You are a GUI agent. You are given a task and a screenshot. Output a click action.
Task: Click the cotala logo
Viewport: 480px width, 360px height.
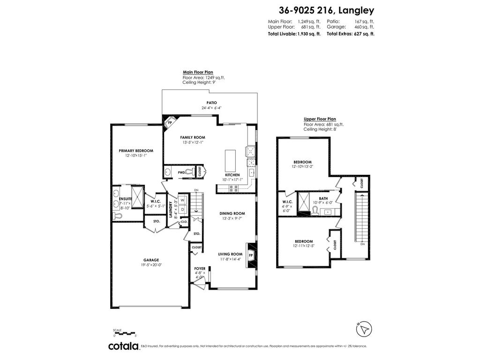tap(124, 346)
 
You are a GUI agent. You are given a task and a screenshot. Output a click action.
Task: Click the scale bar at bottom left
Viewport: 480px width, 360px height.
tap(124, 331)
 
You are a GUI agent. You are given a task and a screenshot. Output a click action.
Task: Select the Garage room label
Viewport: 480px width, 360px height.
tap(151, 260)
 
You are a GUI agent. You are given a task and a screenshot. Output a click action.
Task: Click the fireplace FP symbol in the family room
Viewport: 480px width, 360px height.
tap(170, 121)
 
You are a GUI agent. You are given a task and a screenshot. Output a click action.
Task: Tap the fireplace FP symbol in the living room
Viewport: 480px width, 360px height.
tap(251, 255)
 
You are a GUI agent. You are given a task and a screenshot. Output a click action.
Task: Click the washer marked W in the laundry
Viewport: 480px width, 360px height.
tap(182, 201)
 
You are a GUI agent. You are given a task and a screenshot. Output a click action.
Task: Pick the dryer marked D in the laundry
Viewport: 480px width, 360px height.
tap(182, 210)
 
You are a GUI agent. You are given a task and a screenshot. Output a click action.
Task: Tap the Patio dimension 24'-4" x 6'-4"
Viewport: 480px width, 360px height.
tap(211, 108)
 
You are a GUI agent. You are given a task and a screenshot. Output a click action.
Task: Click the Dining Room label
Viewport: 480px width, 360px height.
tap(232, 213)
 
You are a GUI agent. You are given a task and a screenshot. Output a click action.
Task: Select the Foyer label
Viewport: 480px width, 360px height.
tap(200, 269)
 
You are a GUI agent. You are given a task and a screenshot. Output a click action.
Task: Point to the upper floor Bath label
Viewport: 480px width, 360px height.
tap(323, 198)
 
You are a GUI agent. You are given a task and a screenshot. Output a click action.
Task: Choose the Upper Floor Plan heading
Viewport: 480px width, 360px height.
tap(320, 119)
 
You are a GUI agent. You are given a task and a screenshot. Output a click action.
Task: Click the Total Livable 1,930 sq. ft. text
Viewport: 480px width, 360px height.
tap(294, 34)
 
